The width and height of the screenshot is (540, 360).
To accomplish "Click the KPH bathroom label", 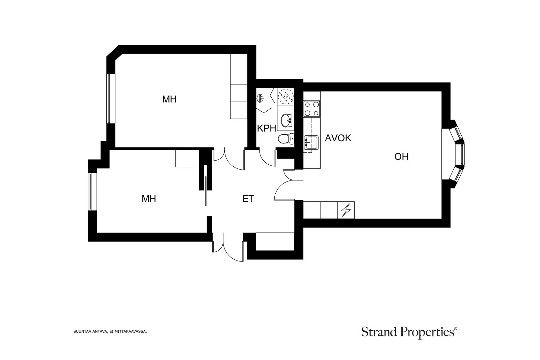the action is click(267, 129).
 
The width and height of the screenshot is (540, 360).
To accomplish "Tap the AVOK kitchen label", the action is click(338, 138).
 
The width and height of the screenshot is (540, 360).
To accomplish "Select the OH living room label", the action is click(401, 157).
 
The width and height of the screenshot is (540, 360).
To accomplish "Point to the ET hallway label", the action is click(248, 199).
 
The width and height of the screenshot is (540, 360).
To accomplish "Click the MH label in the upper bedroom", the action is click(169, 99).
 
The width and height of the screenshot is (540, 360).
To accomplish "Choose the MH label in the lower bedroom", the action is click(149, 199).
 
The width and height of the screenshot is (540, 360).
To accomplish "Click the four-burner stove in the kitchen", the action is click(312, 109).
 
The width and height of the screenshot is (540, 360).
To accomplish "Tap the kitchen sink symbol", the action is click(311, 143).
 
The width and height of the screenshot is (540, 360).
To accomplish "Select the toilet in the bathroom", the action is click(286, 139).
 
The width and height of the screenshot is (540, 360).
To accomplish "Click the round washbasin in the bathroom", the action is click(287, 120).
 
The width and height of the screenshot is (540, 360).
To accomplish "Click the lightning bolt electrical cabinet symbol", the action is click(346, 210).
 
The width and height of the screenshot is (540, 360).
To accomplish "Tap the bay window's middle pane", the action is click(462, 154).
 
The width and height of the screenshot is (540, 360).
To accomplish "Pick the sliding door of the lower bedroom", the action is click(206, 191).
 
